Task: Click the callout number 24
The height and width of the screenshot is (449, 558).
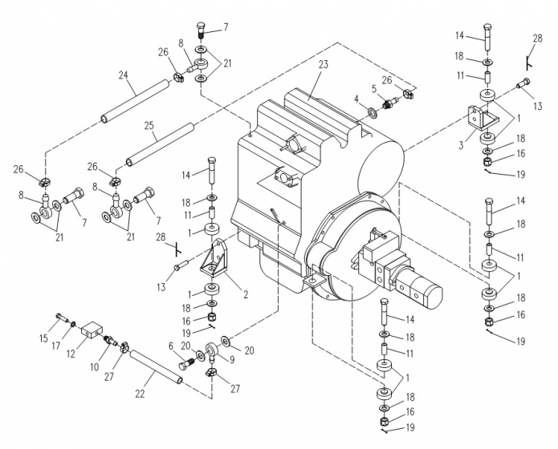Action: (124, 77)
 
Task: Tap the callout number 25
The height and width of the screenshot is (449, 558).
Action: (150, 126)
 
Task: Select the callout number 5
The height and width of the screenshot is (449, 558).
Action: (373, 89)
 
